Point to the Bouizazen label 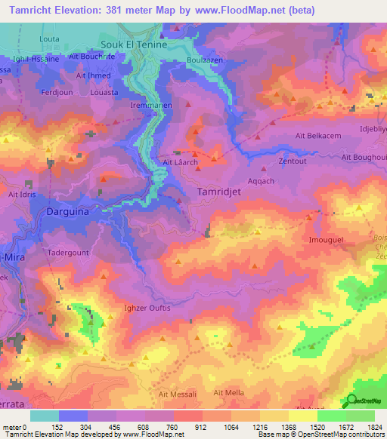[203, 61]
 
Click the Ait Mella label [229, 393]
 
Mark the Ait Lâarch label [181, 162]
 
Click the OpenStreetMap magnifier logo [352, 401]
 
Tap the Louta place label [49, 38]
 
